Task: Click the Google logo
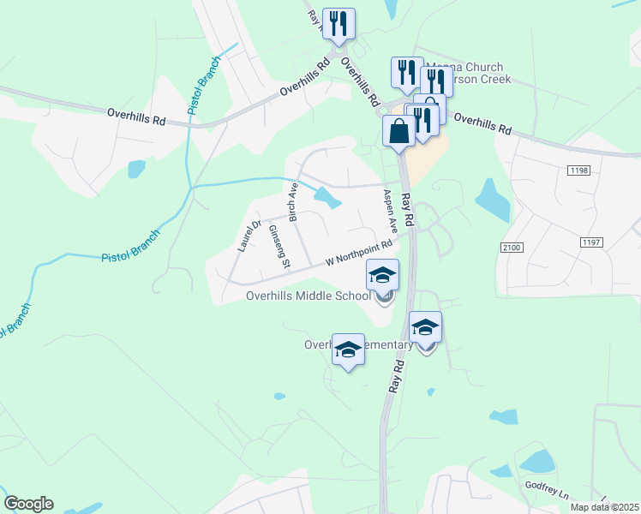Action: tap(28, 504)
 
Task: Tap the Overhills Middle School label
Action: tap(308, 296)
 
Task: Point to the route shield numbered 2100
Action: tap(512, 248)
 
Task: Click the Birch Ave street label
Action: tap(293, 202)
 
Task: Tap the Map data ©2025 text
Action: tap(604, 507)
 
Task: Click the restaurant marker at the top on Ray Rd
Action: tap(339, 25)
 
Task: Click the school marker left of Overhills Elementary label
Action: tap(348, 350)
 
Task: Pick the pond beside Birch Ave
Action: tap(326, 198)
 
